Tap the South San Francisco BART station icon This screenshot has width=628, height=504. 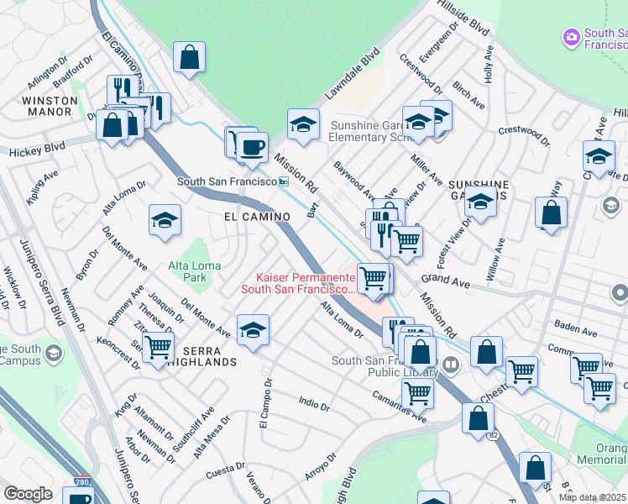284,181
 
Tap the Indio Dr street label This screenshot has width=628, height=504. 314,404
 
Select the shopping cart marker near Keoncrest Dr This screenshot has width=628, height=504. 157,347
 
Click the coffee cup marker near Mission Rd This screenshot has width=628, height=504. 251,147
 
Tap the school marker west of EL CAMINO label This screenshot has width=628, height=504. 165,220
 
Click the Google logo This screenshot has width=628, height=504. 28,494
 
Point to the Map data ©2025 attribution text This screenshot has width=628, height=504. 593,497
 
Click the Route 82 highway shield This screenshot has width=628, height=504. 492,435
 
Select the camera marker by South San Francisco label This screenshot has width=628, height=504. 572,37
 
